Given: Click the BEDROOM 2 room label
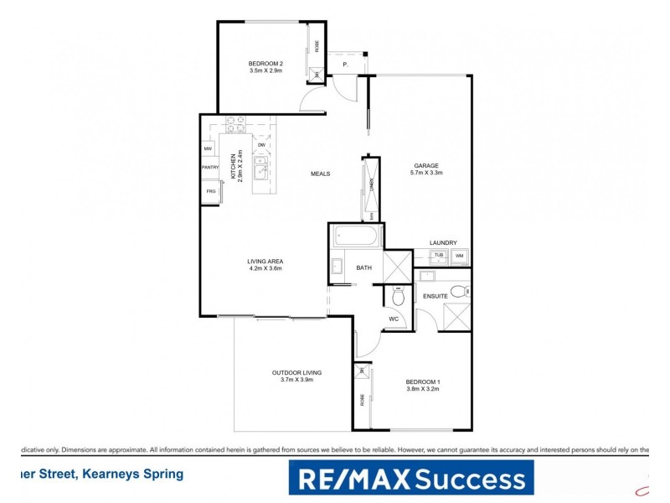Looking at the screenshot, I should [267, 64].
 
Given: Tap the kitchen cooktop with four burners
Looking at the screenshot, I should [235, 125].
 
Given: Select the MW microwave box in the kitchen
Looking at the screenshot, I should [208, 149].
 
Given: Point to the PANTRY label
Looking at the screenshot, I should [209, 168].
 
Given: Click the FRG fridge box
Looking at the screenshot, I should [209, 192].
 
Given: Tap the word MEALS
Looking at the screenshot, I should [320, 174].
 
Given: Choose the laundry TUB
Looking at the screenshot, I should [438, 255].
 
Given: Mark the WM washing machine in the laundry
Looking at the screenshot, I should [459, 255].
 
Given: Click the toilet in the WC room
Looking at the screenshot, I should [399, 297].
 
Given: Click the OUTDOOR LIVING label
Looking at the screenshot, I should [296, 372].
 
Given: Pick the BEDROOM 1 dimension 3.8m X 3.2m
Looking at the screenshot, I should [423, 389].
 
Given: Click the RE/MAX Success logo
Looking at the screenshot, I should [410, 478].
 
